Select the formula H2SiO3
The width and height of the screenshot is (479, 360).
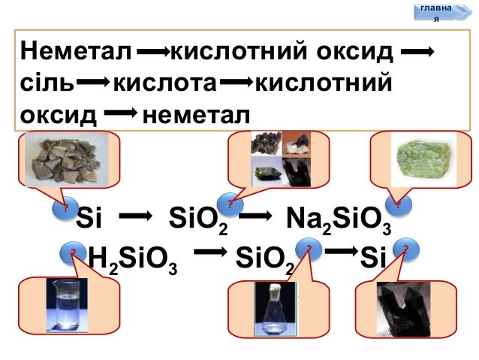pos(133,260)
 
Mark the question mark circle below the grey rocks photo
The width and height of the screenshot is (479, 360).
pos(65,210)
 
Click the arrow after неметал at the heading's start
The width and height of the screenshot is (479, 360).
pos(153,53)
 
